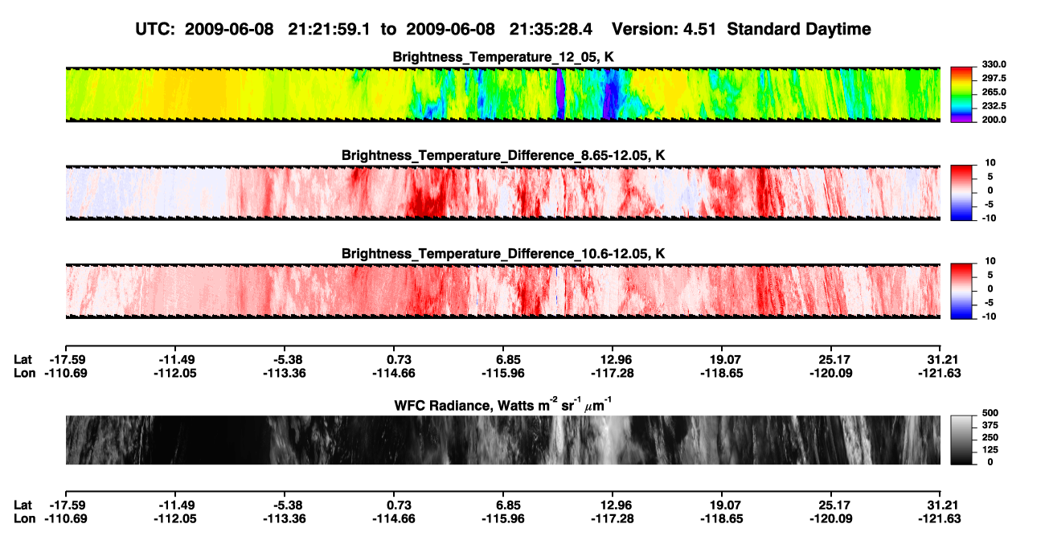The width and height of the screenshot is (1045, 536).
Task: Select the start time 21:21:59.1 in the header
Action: click(x=329, y=29)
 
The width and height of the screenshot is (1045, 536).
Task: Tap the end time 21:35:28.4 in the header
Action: click(x=551, y=29)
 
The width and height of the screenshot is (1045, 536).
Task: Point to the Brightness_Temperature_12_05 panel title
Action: click(x=503, y=57)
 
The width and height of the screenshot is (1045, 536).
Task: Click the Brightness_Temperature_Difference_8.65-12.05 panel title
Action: click(x=503, y=155)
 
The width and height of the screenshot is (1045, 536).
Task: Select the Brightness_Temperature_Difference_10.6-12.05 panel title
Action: click(x=503, y=254)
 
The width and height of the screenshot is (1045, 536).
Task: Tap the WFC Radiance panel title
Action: click(x=503, y=404)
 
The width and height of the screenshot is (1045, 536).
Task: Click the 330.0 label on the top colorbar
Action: click(x=994, y=64)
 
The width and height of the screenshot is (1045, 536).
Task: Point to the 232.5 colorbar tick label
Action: click(x=994, y=106)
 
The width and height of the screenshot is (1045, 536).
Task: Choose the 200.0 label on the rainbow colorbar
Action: click(x=994, y=120)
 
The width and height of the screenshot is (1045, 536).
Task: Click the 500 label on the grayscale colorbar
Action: click(x=990, y=413)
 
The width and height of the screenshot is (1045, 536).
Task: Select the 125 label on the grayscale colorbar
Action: click(x=990, y=450)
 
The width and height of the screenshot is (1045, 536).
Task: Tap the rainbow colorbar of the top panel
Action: click(x=961, y=95)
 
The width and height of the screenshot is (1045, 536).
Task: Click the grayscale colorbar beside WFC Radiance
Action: click(x=961, y=440)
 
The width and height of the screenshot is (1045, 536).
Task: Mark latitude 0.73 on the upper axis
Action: click(x=399, y=360)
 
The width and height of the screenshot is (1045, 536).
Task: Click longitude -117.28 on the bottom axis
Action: click(x=612, y=519)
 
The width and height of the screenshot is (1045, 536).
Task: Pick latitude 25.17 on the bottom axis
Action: click(x=831, y=505)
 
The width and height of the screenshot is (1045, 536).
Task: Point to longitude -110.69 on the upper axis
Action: click(x=66, y=373)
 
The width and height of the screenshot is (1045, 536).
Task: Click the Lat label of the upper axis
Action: click(x=23, y=360)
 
